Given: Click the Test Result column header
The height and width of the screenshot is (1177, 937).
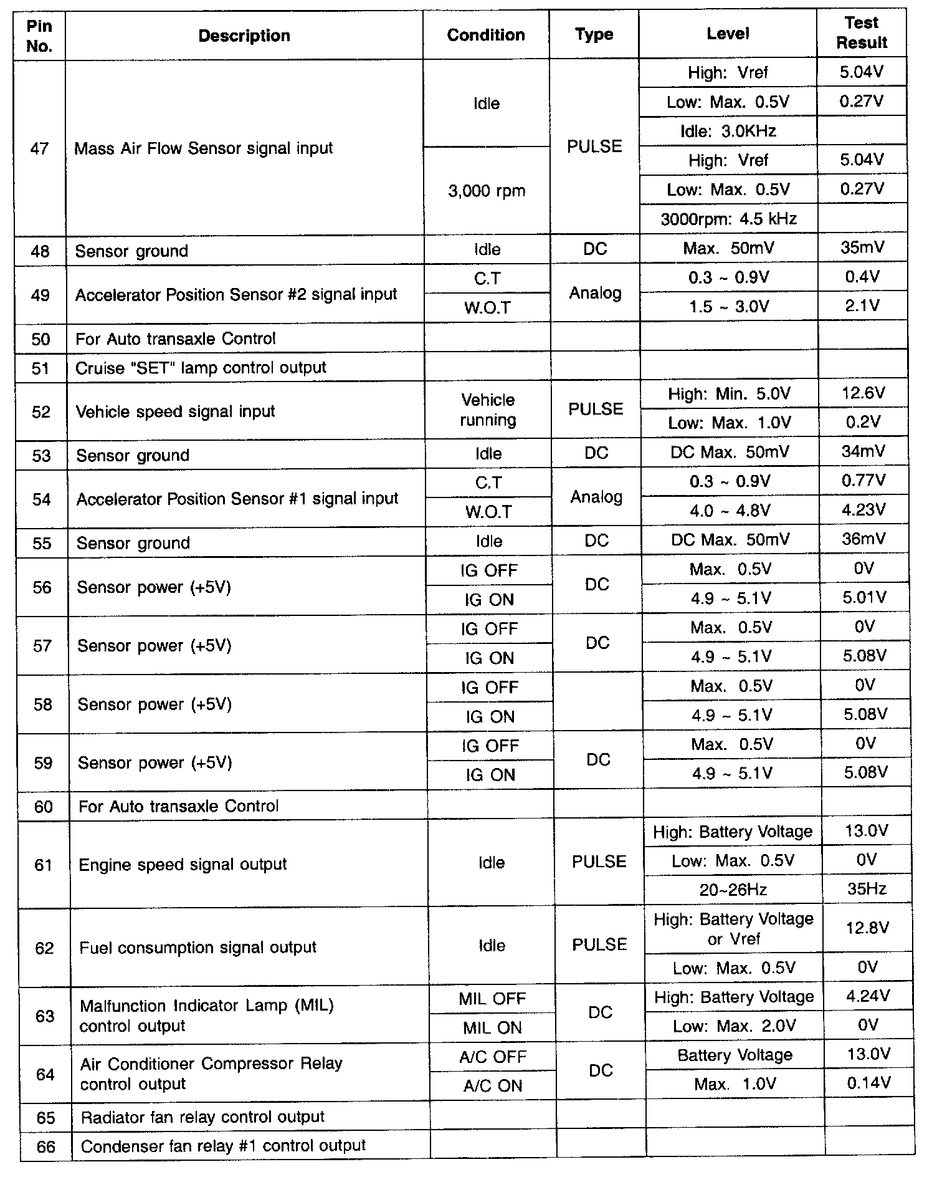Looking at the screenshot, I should [x=862, y=33].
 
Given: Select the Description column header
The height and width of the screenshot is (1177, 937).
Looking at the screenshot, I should [x=244, y=36].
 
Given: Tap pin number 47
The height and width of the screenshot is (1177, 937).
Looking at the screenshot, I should [x=39, y=148].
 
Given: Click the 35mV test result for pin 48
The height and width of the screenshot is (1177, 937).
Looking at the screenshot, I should [x=862, y=248].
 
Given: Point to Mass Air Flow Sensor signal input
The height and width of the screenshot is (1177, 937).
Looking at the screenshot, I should [x=204, y=148].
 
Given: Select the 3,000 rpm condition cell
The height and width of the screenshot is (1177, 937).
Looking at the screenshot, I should [x=487, y=191].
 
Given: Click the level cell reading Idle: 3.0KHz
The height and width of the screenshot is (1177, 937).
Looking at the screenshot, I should [x=728, y=131].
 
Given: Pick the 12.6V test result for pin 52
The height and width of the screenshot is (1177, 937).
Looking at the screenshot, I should [x=863, y=393].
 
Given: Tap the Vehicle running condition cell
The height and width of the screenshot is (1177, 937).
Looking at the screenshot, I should [x=488, y=410].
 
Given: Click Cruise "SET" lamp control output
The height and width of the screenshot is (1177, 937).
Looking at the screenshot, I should [x=201, y=368].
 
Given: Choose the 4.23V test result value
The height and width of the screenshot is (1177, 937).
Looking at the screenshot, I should [x=863, y=510].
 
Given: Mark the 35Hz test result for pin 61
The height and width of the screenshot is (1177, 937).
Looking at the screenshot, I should [x=867, y=889].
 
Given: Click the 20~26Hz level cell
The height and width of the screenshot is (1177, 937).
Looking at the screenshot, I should [x=733, y=890].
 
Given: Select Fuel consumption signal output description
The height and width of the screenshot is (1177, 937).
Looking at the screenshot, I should [x=197, y=948].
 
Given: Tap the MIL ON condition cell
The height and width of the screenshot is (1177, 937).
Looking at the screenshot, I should [x=492, y=1027].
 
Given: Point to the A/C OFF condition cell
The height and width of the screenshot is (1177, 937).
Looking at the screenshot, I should [x=493, y=1057].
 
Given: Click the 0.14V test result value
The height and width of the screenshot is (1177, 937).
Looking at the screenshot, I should [x=868, y=1083].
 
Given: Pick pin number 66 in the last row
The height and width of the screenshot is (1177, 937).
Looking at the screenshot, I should [x=45, y=1146].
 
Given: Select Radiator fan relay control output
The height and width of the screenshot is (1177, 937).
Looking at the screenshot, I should [x=202, y=1117].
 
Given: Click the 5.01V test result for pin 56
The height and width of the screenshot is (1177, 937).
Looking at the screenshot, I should [x=864, y=598].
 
